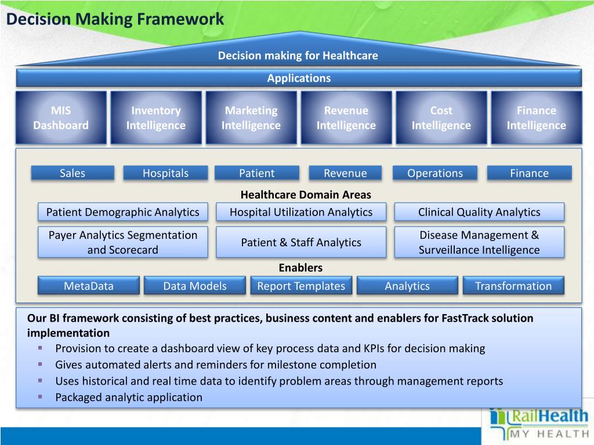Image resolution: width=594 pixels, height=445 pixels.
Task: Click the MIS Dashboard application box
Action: [61, 118]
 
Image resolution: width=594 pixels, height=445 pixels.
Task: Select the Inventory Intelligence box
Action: [156, 118]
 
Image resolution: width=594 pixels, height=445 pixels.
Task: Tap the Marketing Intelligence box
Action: [251, 118]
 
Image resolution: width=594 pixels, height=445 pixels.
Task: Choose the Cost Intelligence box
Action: [441, 118]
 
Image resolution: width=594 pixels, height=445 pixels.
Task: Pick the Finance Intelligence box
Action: [537, 118]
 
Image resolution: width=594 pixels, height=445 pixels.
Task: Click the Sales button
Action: [73, 173]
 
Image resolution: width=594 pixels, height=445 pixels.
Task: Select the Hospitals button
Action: [166, 173]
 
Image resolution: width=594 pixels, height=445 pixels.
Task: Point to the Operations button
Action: [435, 173]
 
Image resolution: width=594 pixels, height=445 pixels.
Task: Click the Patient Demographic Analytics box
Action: [122, 212]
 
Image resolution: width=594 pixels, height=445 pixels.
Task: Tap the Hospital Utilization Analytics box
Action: [301, 212]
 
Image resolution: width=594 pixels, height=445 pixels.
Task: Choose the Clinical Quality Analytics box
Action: [479, 212]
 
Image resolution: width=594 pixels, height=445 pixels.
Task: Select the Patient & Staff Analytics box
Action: [301, 242]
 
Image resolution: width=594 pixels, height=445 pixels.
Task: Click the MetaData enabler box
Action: [89, 286]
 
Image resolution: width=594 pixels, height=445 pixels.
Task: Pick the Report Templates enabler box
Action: [301, 286]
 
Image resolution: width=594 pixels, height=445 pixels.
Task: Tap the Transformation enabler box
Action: [513, 286]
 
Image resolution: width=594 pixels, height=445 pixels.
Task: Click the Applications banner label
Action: [299, 78]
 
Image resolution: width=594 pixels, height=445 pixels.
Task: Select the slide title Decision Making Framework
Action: [115, 19]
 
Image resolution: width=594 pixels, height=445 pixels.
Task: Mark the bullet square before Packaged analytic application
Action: [41, 397]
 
